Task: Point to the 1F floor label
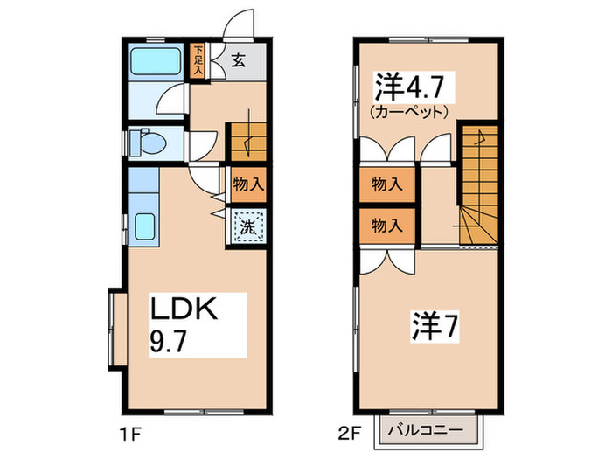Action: coord(129,430)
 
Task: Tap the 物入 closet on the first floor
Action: coord(248,185)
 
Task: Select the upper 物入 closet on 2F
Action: coord(386,184)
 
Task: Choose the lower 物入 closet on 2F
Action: coord(386,226)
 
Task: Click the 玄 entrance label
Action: coord(238,61)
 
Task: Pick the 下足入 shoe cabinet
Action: coord(198,62)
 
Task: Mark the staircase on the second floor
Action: coord(477,184)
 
